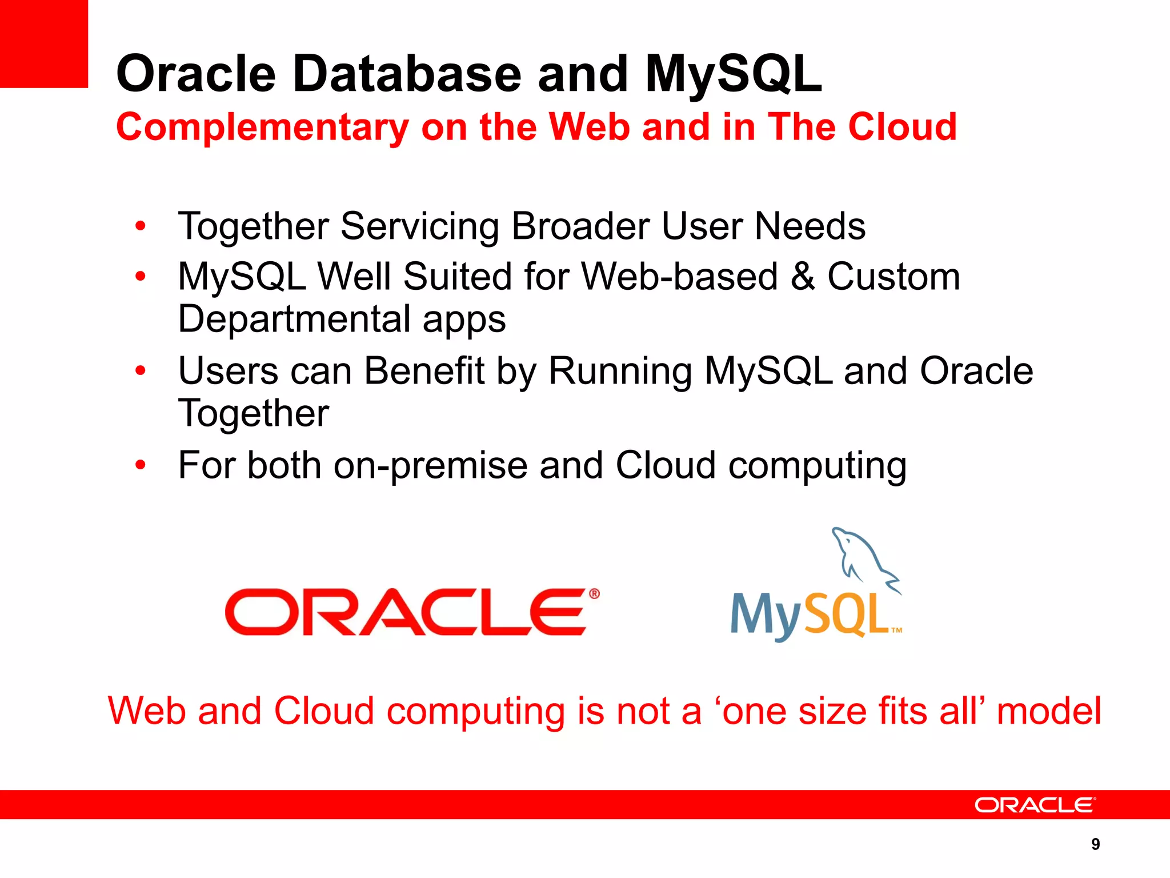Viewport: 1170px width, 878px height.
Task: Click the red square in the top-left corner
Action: pyautogui.click(x=43, y=43)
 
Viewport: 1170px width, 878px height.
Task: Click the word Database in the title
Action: pyautogui.click(x=407, y=74)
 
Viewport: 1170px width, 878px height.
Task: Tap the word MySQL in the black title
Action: pyautogui.click(x=734, y=74)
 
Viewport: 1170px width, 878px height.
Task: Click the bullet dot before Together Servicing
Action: pyautogui.click(x=141, y=226)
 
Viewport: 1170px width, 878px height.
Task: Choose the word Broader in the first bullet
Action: pyautogui.click(x=580, y=226)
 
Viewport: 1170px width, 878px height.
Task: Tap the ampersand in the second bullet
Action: pyautogui.click(x=803, y=277)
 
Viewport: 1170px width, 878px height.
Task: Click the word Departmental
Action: pyautogui.click(x=295, y=319)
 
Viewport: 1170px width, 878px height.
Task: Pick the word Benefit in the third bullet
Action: pyautogui.click(x=424, y=372)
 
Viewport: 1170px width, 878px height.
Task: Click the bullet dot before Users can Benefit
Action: pyautogui.click(x=141, y=372)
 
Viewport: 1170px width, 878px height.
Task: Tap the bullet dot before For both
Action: pyautogui.click(x=141, y=465)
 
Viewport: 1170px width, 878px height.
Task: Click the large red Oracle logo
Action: pyautogui.click(x=406, y=612)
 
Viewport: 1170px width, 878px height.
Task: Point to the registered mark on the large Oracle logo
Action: pyautogui.click(x=594, y=594)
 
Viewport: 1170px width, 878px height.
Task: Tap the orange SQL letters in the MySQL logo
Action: pyautogui.click(x=846, y=615)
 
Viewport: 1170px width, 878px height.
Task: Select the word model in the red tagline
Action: pyautogui.click(x=1048, y=712)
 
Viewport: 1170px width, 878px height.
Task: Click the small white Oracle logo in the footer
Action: pyautogui.click(x=1035, y=805)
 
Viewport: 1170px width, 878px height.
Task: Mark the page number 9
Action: pyautogui.click(x=1095, y=844)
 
